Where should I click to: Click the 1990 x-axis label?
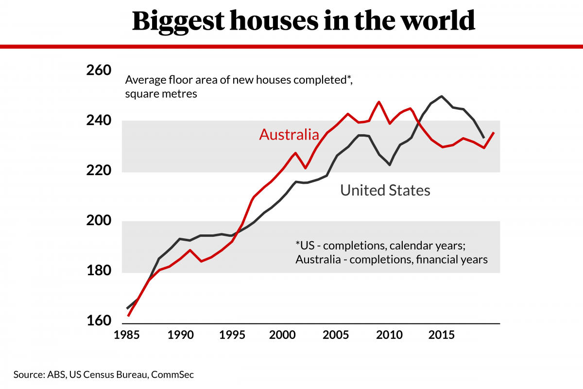click(179, 335)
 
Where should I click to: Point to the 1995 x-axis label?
click(232, 335)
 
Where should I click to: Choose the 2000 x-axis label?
click(284, 335)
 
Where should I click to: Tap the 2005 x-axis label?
click(337, 335)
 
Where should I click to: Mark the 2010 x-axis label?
click(389, 335)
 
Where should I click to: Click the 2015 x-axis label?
click(442, 335)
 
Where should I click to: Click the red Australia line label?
click(289, 135)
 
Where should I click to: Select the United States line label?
click(385, 190)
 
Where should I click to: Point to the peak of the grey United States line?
click(441, 96)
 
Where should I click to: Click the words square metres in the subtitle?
click(161, 94)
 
